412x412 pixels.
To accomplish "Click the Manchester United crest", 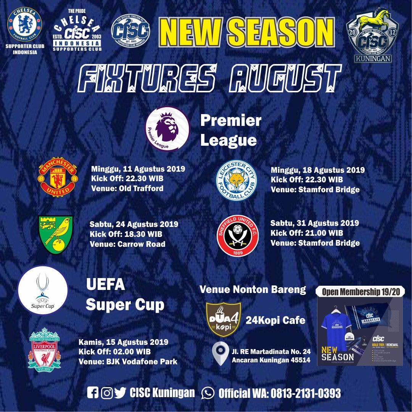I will tap(58, 177).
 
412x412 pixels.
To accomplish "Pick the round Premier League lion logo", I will tap(167, 128).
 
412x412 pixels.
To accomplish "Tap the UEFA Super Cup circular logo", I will tap(43, 290).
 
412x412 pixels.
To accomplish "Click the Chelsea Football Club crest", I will tap(25, 24).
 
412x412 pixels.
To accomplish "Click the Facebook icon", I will tap(92, 393).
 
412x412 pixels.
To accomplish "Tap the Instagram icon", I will tap(107, 393).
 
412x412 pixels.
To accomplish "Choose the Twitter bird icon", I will tap(120, 393).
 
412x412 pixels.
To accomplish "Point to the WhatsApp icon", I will tap(208, 393).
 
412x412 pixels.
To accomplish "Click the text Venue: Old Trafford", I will tap(127, 188).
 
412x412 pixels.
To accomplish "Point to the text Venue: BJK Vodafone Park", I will tap(128, 361).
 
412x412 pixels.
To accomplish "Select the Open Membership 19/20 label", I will tap(360, 292).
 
